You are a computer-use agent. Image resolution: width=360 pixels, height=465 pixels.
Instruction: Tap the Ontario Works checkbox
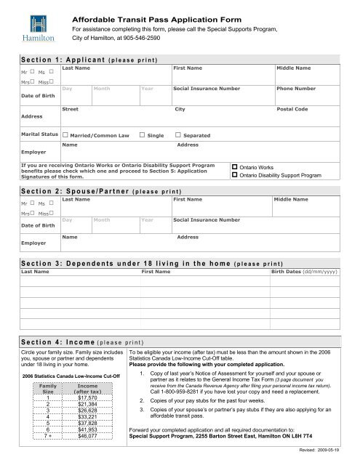click(234, 167)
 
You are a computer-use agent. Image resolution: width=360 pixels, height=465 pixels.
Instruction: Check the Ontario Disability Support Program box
click(234, 176)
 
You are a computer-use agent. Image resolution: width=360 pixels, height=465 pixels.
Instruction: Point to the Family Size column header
click(48, 388)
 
